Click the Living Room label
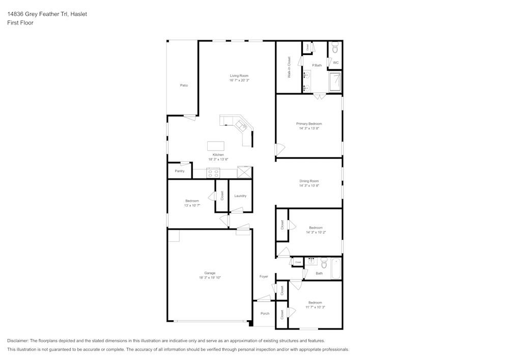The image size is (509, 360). point(239,76)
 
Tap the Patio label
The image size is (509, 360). point(184,85)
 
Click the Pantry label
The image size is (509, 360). point(180,171)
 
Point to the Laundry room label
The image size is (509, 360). point(240,196)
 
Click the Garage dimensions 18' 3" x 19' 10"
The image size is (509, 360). point(210,278)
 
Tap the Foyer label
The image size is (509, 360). point(264,276)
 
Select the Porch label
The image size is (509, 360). point(265,313)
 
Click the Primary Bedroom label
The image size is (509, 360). point(309,124)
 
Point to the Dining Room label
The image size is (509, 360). point(309,181)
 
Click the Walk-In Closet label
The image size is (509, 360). point(289,67)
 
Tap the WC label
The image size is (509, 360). point(335,63)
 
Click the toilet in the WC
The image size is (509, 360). point(335,48)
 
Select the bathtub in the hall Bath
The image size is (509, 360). point(336,268)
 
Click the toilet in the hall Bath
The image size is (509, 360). point(324,263)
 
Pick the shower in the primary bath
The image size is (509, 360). point(335,82)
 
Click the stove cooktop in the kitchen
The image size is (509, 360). point(213,173)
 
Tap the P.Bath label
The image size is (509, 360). point(317,65)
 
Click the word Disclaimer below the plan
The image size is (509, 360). point(18,341)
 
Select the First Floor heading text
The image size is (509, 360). point(20,23)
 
